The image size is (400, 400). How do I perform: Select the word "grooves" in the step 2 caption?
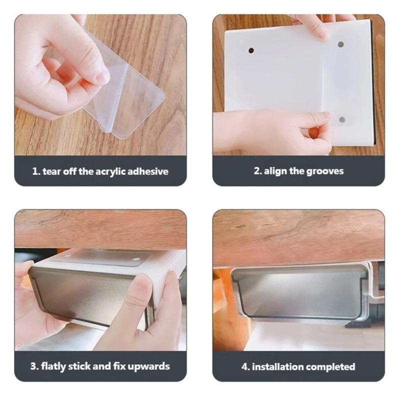[325, 171]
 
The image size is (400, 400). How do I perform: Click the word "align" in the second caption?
[277, 171]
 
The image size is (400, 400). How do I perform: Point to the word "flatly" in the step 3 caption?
[56, 366]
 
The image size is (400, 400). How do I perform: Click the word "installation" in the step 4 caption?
[277, 366]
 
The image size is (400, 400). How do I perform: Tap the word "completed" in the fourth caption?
[330, 366]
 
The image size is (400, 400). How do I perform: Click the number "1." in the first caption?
[36, 171]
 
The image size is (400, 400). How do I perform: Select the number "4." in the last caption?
[245, 366]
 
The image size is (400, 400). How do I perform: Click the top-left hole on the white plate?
[251, 50]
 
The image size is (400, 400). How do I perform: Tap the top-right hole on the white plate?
[340, 44]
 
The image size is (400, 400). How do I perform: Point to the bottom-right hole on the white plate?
[342, 119]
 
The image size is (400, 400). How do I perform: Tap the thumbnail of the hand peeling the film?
[100, 85]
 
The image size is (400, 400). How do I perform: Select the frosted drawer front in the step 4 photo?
[300, 292]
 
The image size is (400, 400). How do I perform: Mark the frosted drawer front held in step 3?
[80, 295]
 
